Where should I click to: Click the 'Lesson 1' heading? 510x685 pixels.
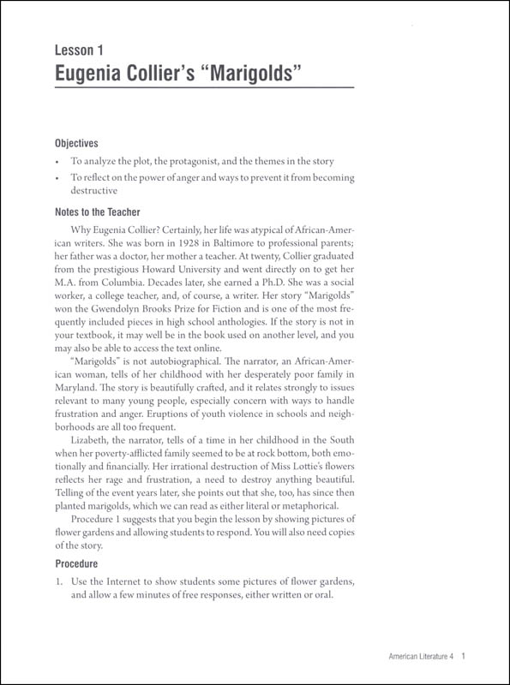pos(84,53)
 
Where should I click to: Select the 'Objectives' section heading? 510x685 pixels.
pos(77,143)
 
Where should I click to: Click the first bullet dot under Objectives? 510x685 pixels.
pos(57,162)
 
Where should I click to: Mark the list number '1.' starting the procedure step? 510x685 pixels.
pos(58,581)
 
